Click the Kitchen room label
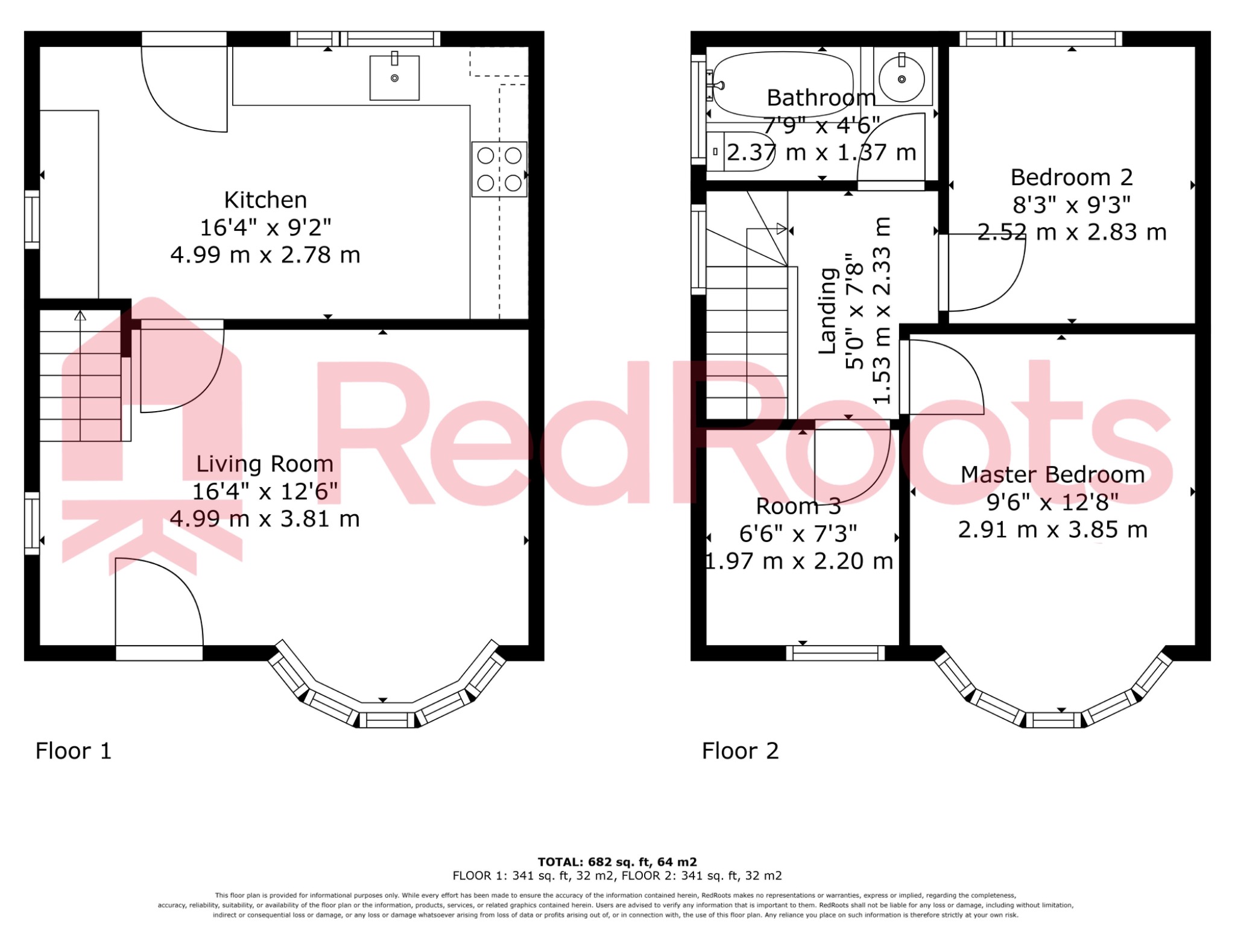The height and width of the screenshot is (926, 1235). pyautogui.click(x=265, y=200)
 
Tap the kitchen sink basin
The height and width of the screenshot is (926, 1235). pyautogui.click(x=394, y=78)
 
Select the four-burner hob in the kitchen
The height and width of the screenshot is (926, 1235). pyautogui.click(x=499, y=169)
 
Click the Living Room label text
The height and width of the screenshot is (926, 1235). pyautogui.click(x=265, y=464)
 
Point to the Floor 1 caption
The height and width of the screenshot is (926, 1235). pyautogui.click(x=74, y=751)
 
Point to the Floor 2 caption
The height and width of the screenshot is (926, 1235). pyautogui.click(x=741, y=751)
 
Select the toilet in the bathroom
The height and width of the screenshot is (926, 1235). pyautogui.click(x=739, y=151)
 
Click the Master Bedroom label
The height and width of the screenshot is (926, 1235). pyautogui.click(x=1052, y=475)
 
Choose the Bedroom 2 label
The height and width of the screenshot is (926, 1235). pyautogui.click(x=1072, y=178)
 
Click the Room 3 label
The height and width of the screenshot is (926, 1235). pyautogui.click(x=798, y=506)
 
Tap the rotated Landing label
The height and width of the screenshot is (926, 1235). pyautogui.click(x=827, y=311)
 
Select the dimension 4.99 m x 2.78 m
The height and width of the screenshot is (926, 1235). pyautogui.click(x=265, y=256)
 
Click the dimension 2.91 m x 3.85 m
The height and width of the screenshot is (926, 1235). pyautogui.click(x=1052, y=530)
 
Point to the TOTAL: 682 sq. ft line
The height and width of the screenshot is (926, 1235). pyautogui.click(x=617, y=862)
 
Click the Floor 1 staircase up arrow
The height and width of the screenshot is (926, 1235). pyautogui.click(x=80, y=316)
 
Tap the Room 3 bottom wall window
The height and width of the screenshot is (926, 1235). pyautogui.click(x=835, y=653)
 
